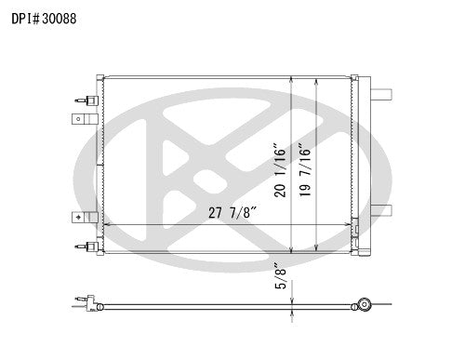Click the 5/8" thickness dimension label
click(279, 277)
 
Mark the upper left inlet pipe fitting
click(86, 100)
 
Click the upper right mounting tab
click(382, 91)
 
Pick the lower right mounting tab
click(382, 210)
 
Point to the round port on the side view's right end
click(366, 304)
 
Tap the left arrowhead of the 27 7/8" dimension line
click(106, 225)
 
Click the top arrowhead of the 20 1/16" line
click(293, 79)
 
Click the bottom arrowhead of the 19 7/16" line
click(318, 249)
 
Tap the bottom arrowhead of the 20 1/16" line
click(293, 252)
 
